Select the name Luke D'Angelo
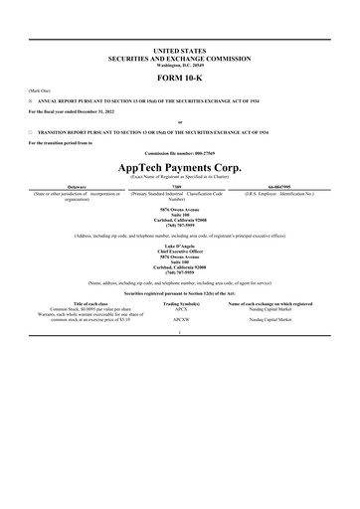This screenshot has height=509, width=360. pyautogui.click(x=180, y=245)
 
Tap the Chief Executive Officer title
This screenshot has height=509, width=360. pyautogui.click(x=180, y=251)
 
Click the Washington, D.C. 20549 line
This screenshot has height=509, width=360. pyautogui.click(x=180, y=64)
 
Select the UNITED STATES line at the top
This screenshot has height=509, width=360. pyautogui.click(x=180, y=48)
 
